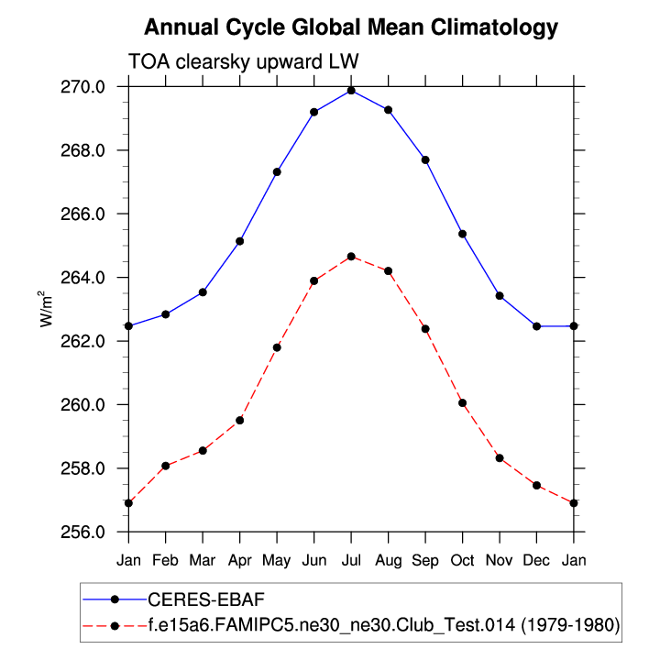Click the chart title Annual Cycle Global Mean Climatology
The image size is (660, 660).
[351, 27]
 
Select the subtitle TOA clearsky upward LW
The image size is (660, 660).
[243, 62]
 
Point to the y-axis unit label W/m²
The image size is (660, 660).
[45, 309]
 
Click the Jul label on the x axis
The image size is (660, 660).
[351, 558]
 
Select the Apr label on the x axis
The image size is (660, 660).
[240, 558]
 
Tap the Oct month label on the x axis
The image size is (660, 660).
[463, 558]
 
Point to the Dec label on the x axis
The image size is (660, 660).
[537, 558]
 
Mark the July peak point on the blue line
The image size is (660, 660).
[351, 90]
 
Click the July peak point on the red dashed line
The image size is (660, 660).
[351, 257]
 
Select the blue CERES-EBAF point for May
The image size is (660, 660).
[277, 171]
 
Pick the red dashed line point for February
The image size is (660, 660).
[165, 466]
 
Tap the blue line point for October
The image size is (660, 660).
[463, 234]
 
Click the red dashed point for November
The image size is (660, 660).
[500, 457]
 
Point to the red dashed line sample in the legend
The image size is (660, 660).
[114, 625]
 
